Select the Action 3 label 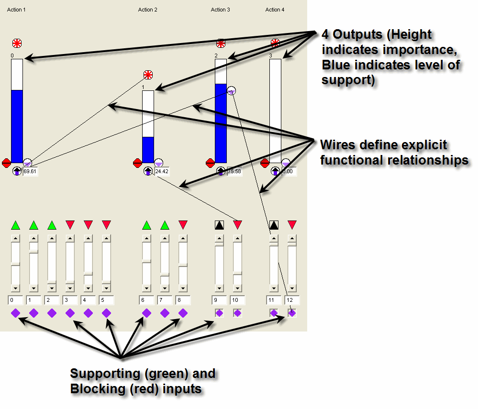point(221,10)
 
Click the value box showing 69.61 point(31,171)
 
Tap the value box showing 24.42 point(161,171)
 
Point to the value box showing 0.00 point(289,171)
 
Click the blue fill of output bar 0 point(17,126)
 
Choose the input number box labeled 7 point(165,300)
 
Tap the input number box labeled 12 point(292,300)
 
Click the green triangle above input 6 point(147,225)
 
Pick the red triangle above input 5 point(106,224)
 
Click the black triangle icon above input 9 point(219,225)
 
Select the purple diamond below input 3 point(70,313)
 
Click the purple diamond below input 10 point(237,313)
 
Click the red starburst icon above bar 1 point(148,75)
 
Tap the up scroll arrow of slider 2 point(52,238)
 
